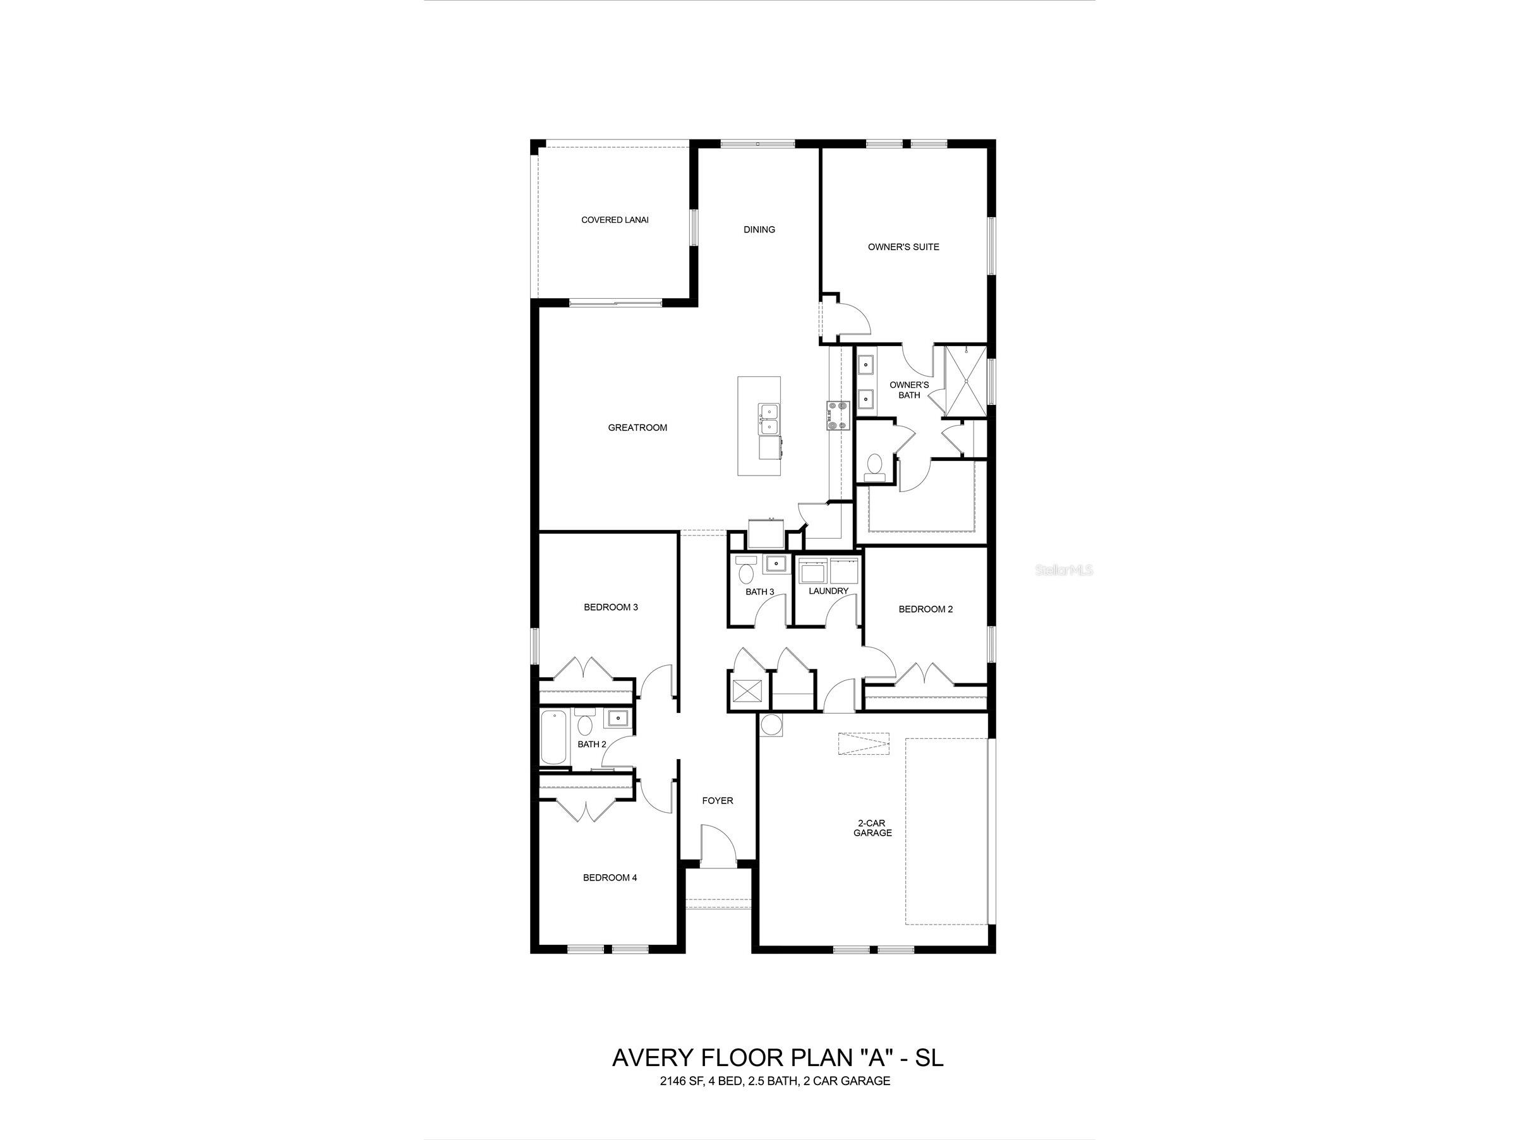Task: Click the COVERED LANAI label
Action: pos(614,220)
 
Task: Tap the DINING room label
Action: pos(759,229)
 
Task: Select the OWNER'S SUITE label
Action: pos(903,247)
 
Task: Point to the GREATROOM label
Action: pos(637,428)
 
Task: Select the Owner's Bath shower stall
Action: pos(965,381)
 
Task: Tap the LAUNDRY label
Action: pos(828,591)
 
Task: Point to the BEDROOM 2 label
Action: pos(925,609)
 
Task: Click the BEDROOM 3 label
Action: pos(611,607)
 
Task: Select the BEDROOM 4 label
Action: pos(610,877)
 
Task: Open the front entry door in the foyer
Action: pos(718,844)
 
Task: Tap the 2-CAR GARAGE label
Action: pos(872,827)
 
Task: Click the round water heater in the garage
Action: pos(771,725)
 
